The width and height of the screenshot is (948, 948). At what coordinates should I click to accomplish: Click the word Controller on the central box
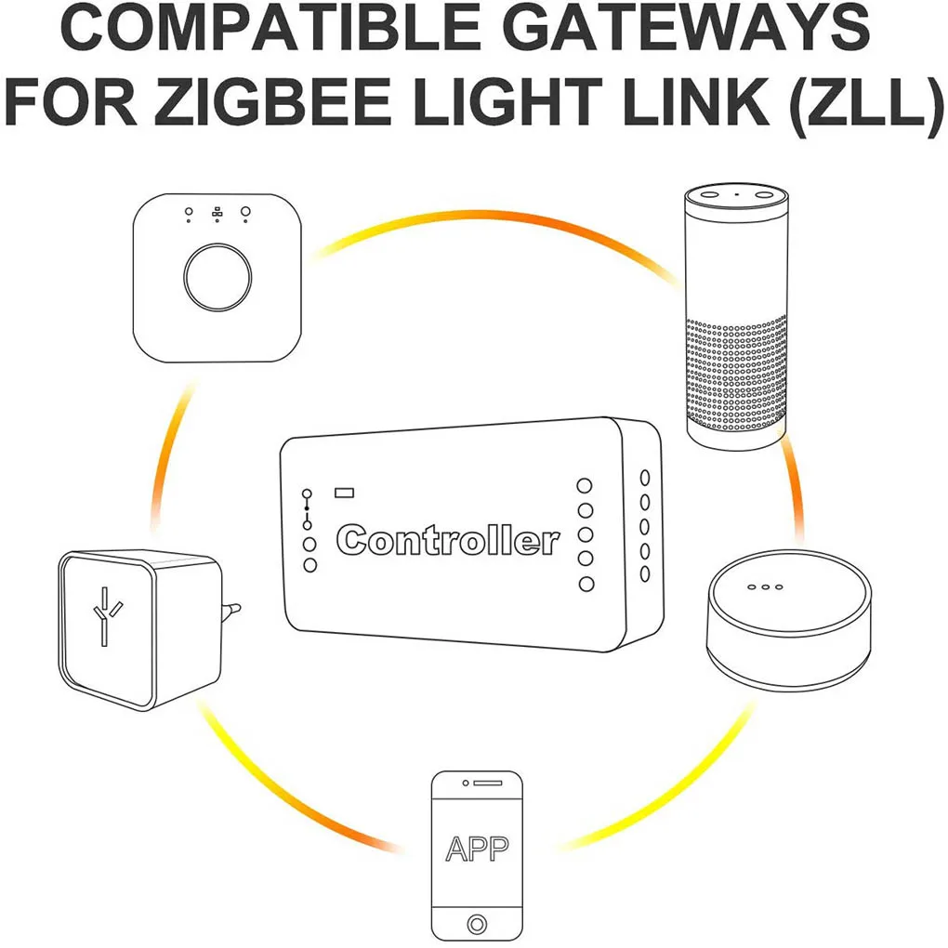(448, 540)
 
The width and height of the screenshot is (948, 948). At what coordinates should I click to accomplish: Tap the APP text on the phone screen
(477, 848)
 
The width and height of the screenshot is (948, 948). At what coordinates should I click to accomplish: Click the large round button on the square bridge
(217, 278)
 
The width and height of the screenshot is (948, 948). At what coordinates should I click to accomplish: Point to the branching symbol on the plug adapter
(106, 615)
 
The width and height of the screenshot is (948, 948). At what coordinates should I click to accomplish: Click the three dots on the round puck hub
(764, 586)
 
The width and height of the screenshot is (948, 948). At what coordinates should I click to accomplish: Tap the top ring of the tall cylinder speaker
(736, 196)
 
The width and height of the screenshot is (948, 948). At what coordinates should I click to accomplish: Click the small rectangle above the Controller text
(345, 492)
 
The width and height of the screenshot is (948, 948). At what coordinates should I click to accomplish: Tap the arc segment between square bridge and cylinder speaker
(493, 220)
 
